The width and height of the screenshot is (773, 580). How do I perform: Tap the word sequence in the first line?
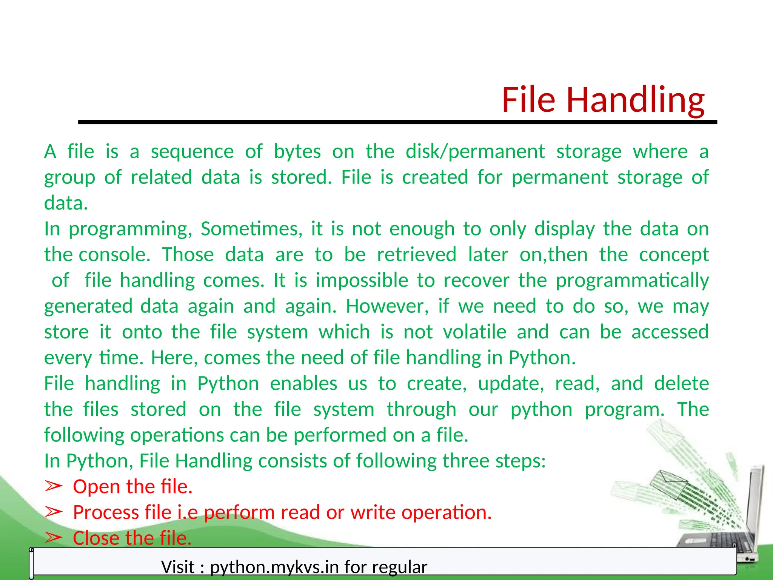192,152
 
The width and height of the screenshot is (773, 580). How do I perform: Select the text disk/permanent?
475,152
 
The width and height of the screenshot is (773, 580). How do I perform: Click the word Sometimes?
251,229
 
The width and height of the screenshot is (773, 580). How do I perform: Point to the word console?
114,255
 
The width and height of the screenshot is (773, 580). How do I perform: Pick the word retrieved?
417,255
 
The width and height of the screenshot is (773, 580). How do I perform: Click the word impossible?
362,281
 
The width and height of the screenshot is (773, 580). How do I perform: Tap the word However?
387,306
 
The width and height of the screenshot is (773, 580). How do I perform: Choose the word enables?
303,384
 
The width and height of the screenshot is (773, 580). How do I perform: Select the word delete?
681,384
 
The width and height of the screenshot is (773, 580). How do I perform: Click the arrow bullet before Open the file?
53,486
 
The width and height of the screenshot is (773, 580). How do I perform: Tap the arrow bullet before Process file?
53,512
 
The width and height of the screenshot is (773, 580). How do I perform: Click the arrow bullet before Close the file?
53,538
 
